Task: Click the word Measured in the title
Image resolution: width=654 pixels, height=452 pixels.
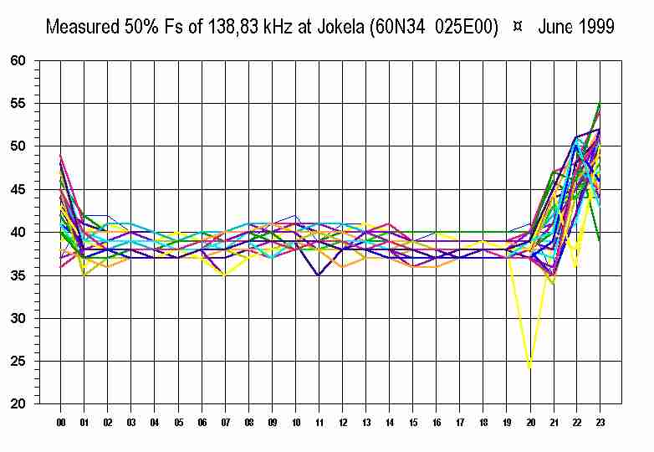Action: point(81,27)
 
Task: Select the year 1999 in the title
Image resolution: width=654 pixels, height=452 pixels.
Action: point(595,27)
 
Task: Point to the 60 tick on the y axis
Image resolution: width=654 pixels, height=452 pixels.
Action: point(18,61)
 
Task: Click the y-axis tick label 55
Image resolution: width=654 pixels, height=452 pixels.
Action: point(18,104)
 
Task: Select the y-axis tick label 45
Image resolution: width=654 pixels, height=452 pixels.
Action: point(18,190)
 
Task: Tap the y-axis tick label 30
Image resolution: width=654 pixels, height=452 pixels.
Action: point(18,319)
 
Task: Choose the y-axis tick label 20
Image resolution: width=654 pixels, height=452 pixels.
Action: point(18,404)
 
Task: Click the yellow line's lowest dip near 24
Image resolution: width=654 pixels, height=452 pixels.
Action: point(529,367)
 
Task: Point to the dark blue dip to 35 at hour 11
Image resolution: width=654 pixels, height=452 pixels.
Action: point(319,275)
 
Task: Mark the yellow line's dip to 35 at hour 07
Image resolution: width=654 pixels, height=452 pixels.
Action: point(225,275)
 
